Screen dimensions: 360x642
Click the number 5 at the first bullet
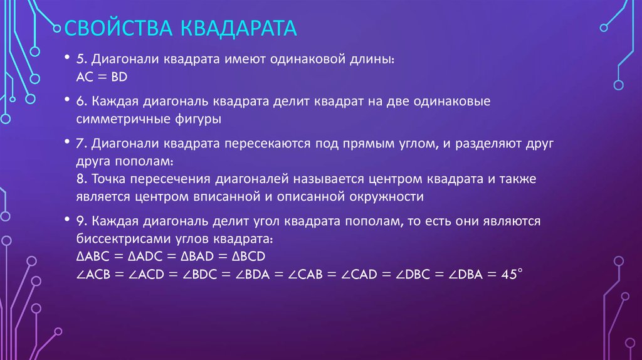pos(80,60)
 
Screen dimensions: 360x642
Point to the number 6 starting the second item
pos(81,101)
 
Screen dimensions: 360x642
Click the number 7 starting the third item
pos(80,144)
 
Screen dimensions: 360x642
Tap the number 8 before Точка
pos(80,179)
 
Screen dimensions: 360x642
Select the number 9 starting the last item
pos(80,222)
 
